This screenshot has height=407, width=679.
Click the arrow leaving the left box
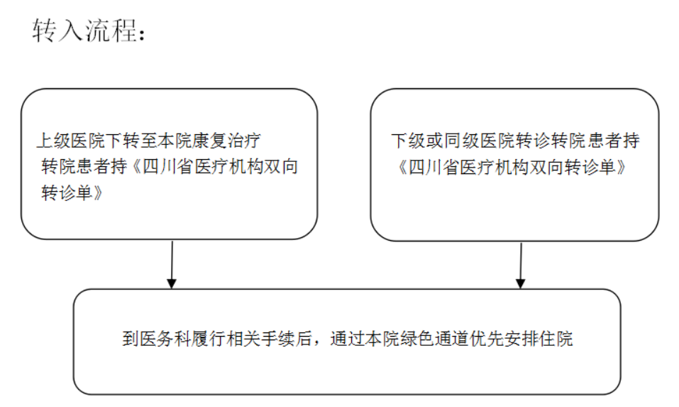172,264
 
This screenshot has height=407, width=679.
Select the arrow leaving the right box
521,265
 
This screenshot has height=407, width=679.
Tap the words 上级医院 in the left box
71,141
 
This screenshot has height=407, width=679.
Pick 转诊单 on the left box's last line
67,192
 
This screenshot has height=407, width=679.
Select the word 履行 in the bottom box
209,339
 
